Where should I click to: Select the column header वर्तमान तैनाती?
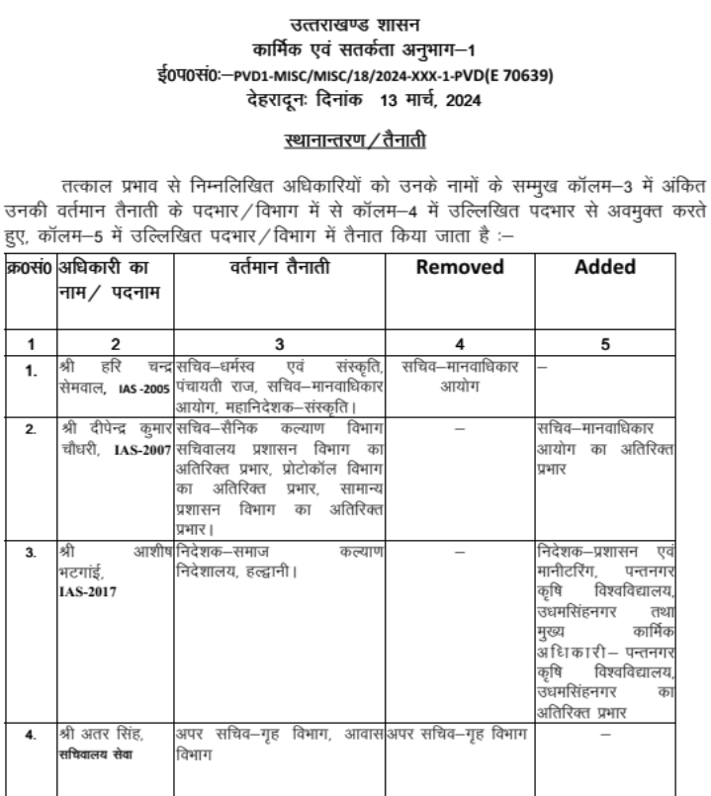(280, 267)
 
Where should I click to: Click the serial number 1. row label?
(30, 373)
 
